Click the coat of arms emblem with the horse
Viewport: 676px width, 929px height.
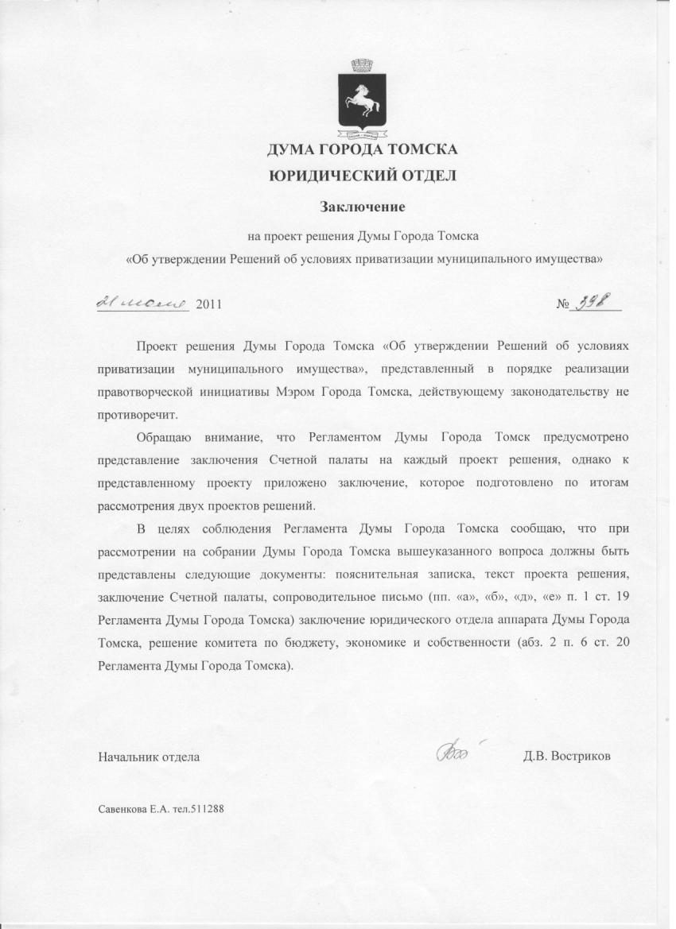tap(362, 100)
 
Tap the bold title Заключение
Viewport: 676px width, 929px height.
tap(363, 207)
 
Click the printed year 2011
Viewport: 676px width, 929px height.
tap(208, 304)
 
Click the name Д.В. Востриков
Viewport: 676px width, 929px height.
tap(567, 756)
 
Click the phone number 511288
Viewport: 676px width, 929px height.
tap(207, 811)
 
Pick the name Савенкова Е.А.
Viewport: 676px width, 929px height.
tap(128, 811)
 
